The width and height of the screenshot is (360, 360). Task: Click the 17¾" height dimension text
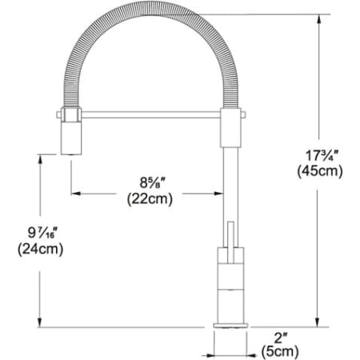tap(318, 154)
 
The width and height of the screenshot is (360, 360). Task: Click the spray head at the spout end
tap(69, 134)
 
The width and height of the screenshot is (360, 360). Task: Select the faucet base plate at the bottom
tap(230, 325)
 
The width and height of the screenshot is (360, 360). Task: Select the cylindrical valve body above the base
tap(230, 284)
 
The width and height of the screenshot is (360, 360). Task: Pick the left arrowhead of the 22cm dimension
tap(77, 192)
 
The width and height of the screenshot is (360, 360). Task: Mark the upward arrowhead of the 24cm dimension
tap(38, 158)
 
